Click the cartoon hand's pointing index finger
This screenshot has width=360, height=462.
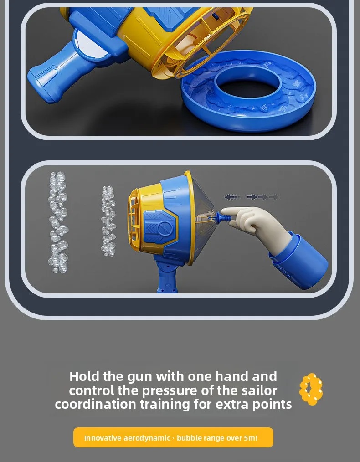pos(236,211)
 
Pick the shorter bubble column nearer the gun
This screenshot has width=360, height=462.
pos(108,221)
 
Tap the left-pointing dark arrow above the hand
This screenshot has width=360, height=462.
pos(231,197)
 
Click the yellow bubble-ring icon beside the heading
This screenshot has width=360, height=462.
pos(311,389)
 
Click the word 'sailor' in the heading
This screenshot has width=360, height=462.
pos(259,390)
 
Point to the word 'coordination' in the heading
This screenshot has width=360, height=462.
pos(96,404)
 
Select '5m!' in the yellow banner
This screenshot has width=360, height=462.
pos(251,438)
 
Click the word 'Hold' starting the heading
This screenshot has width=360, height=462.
pos(84,376)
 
